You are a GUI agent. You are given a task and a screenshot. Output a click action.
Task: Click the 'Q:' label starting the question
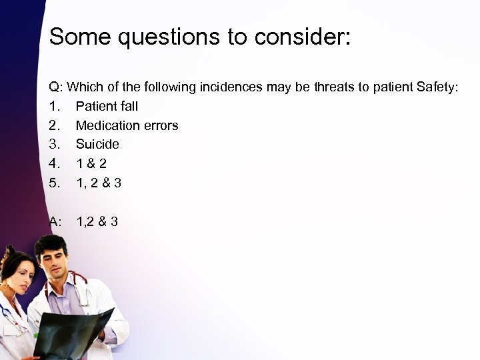point(57,87)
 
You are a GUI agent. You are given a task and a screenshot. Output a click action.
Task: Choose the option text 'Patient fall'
point(107,106)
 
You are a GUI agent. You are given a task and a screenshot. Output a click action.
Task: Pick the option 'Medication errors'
point(127,125)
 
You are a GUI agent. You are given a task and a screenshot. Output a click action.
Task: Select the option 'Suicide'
point(97,144)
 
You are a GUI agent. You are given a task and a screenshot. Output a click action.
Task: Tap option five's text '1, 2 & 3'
point(99,182)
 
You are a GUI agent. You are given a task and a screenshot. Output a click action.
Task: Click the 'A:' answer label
point(57,221)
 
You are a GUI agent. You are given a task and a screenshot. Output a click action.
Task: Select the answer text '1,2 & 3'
point(97,221)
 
